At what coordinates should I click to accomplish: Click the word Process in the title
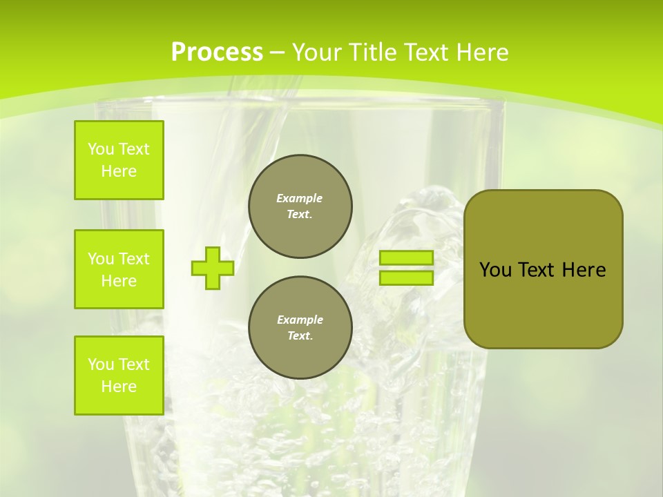[x=217, y=52]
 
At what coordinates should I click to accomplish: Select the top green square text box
[x=119, y=160]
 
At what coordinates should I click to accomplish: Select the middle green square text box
[x=119, y=269]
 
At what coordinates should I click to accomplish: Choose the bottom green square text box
[x=119, y=376]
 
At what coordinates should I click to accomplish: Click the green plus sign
[x=212, y=268]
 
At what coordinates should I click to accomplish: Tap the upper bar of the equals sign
[x=406, y=257]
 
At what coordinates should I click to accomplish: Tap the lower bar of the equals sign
[x=406, y=278]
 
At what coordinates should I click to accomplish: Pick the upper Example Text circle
[x=300, y=206]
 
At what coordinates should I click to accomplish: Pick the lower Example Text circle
[x=300, y=328]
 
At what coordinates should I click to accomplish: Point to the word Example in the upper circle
[x=300, y=198]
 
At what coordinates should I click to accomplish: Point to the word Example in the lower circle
[x=300, y=320]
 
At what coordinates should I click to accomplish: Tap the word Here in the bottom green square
[x=119, y=387]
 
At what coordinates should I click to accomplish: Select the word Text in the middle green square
[x=133, y=259]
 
